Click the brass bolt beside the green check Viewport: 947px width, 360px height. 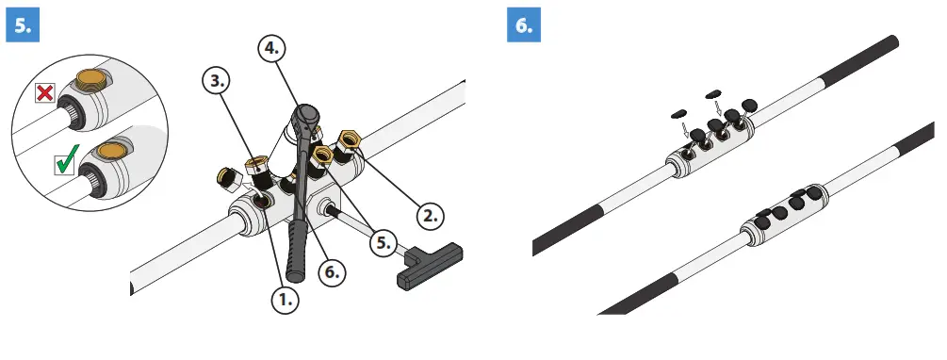point(113,150)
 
